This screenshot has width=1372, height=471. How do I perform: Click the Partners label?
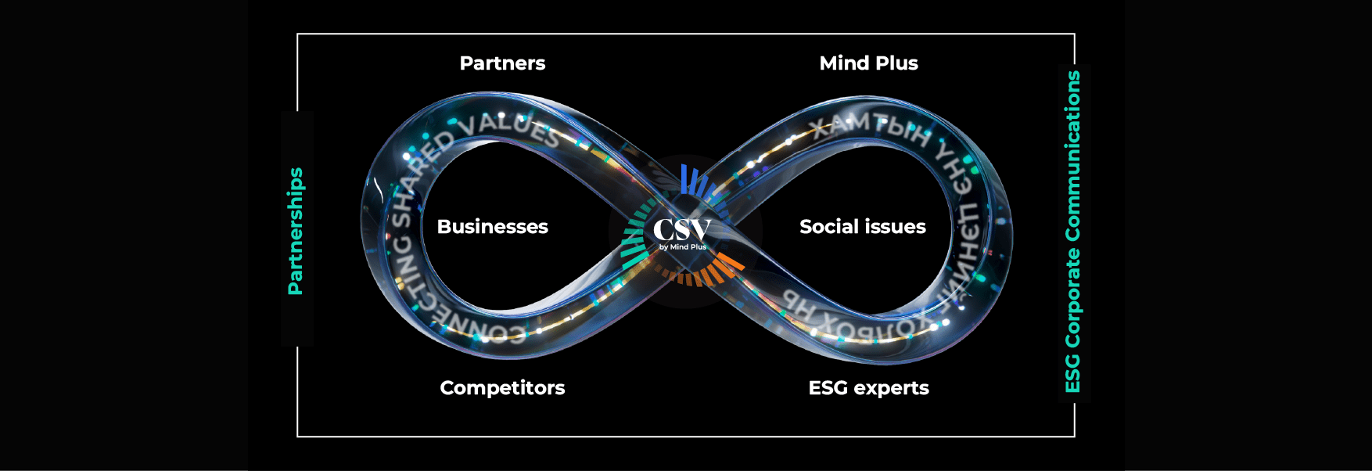502,63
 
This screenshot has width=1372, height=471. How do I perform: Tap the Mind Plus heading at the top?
868,63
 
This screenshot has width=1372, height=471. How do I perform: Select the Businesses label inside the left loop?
492,227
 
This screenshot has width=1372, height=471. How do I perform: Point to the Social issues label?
862,227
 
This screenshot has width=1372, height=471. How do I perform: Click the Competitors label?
502,388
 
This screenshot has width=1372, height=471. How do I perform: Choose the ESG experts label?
868,388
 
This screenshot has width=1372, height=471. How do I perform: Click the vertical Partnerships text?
295,231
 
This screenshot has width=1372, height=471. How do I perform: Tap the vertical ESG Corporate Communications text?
1072,232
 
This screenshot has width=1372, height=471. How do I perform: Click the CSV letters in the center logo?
681,230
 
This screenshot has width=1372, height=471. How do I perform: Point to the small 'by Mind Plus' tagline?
682,247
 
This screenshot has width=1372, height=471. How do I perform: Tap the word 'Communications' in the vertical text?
1072,156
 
